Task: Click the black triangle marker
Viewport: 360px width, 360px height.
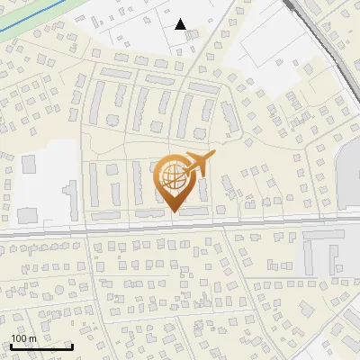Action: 181,24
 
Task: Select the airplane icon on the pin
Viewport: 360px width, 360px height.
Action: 200,164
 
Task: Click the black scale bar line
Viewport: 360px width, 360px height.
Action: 41,346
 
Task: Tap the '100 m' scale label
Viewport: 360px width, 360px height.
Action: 23,338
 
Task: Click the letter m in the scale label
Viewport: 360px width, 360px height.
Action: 32,338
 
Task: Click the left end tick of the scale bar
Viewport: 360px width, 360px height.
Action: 11,345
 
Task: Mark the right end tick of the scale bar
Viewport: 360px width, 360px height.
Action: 72,345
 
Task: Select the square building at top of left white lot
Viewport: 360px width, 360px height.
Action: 28,164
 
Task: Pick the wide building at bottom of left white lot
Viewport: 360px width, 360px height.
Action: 28,215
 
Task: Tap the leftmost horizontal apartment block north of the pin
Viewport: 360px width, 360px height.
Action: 116,72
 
